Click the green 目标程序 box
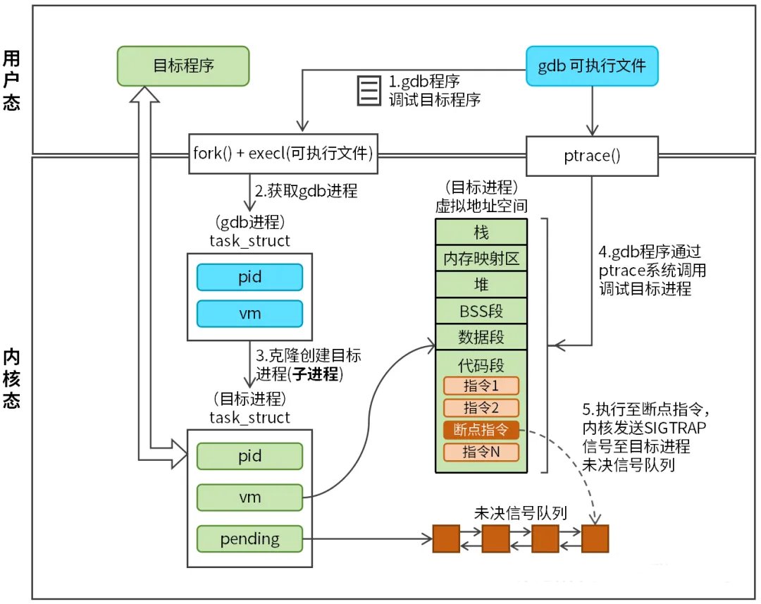click(x=183, y=67)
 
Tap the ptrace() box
click(x=593, y=156)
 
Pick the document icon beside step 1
click(x=367, y=90)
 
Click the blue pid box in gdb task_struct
click(x=249, y=277)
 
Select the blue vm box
click(x=249, y=312)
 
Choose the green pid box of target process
click(x=249, y=456)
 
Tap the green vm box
click(x=249, y=498)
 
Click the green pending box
click(x=249, y=539)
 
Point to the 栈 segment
click(x=481, y=232)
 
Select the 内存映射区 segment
click(x=481, y=259)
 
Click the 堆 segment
click(x=481, y=285)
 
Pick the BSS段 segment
click(x=481, y=310)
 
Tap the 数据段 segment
click(x=481, y=336)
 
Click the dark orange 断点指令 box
click(x=481, y=429)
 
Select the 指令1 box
click(x=481, y=386)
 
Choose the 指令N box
click(x=481, y=452)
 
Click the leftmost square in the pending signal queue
click(x=445, y=539)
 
